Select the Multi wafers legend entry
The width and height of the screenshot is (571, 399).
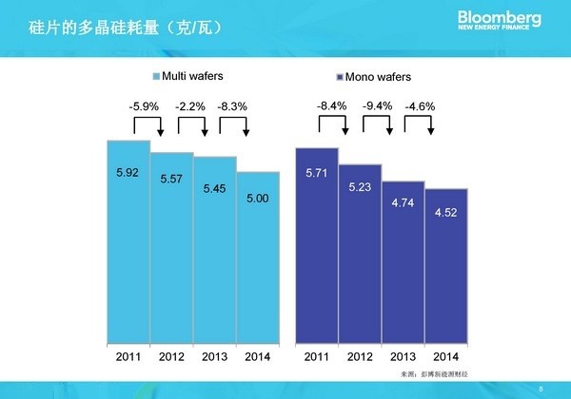(192, 76)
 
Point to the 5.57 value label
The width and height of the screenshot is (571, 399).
(171, 179)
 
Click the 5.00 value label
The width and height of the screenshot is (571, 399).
(258, 198)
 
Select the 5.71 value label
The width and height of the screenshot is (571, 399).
(317, 175)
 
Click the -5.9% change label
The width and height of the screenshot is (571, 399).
(144, 105)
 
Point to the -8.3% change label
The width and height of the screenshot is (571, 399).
(232, 105)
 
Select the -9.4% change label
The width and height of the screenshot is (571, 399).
(378, 105)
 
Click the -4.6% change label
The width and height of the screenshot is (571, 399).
(420, 105)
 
